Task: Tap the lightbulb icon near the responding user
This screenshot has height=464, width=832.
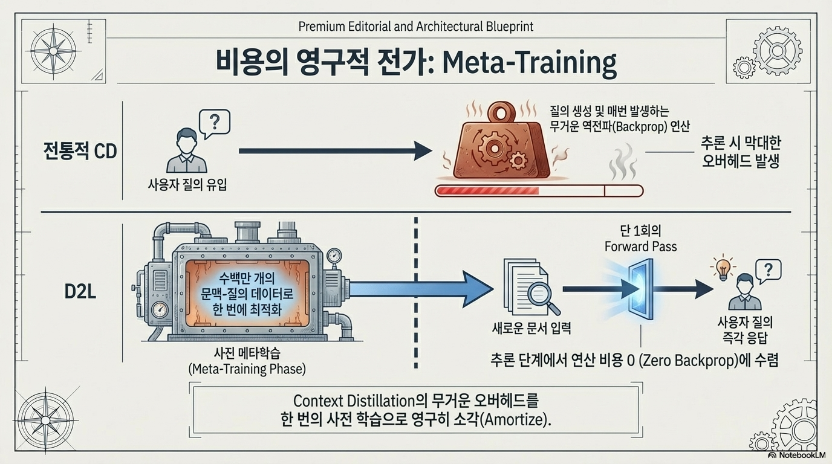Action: point(721,267)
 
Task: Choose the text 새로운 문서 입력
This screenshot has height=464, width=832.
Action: point(531,329)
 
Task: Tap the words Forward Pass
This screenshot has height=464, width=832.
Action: point(641,246)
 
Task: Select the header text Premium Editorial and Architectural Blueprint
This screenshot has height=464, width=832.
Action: point(416,27)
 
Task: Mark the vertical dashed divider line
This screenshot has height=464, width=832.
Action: point(416,290)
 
